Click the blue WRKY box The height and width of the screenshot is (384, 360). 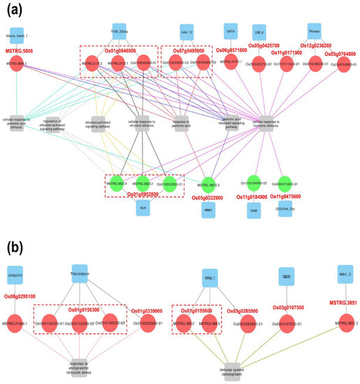click(207, 209)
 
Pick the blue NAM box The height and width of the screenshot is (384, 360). click(254, 209)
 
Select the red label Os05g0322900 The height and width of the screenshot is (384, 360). click(211, 198)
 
